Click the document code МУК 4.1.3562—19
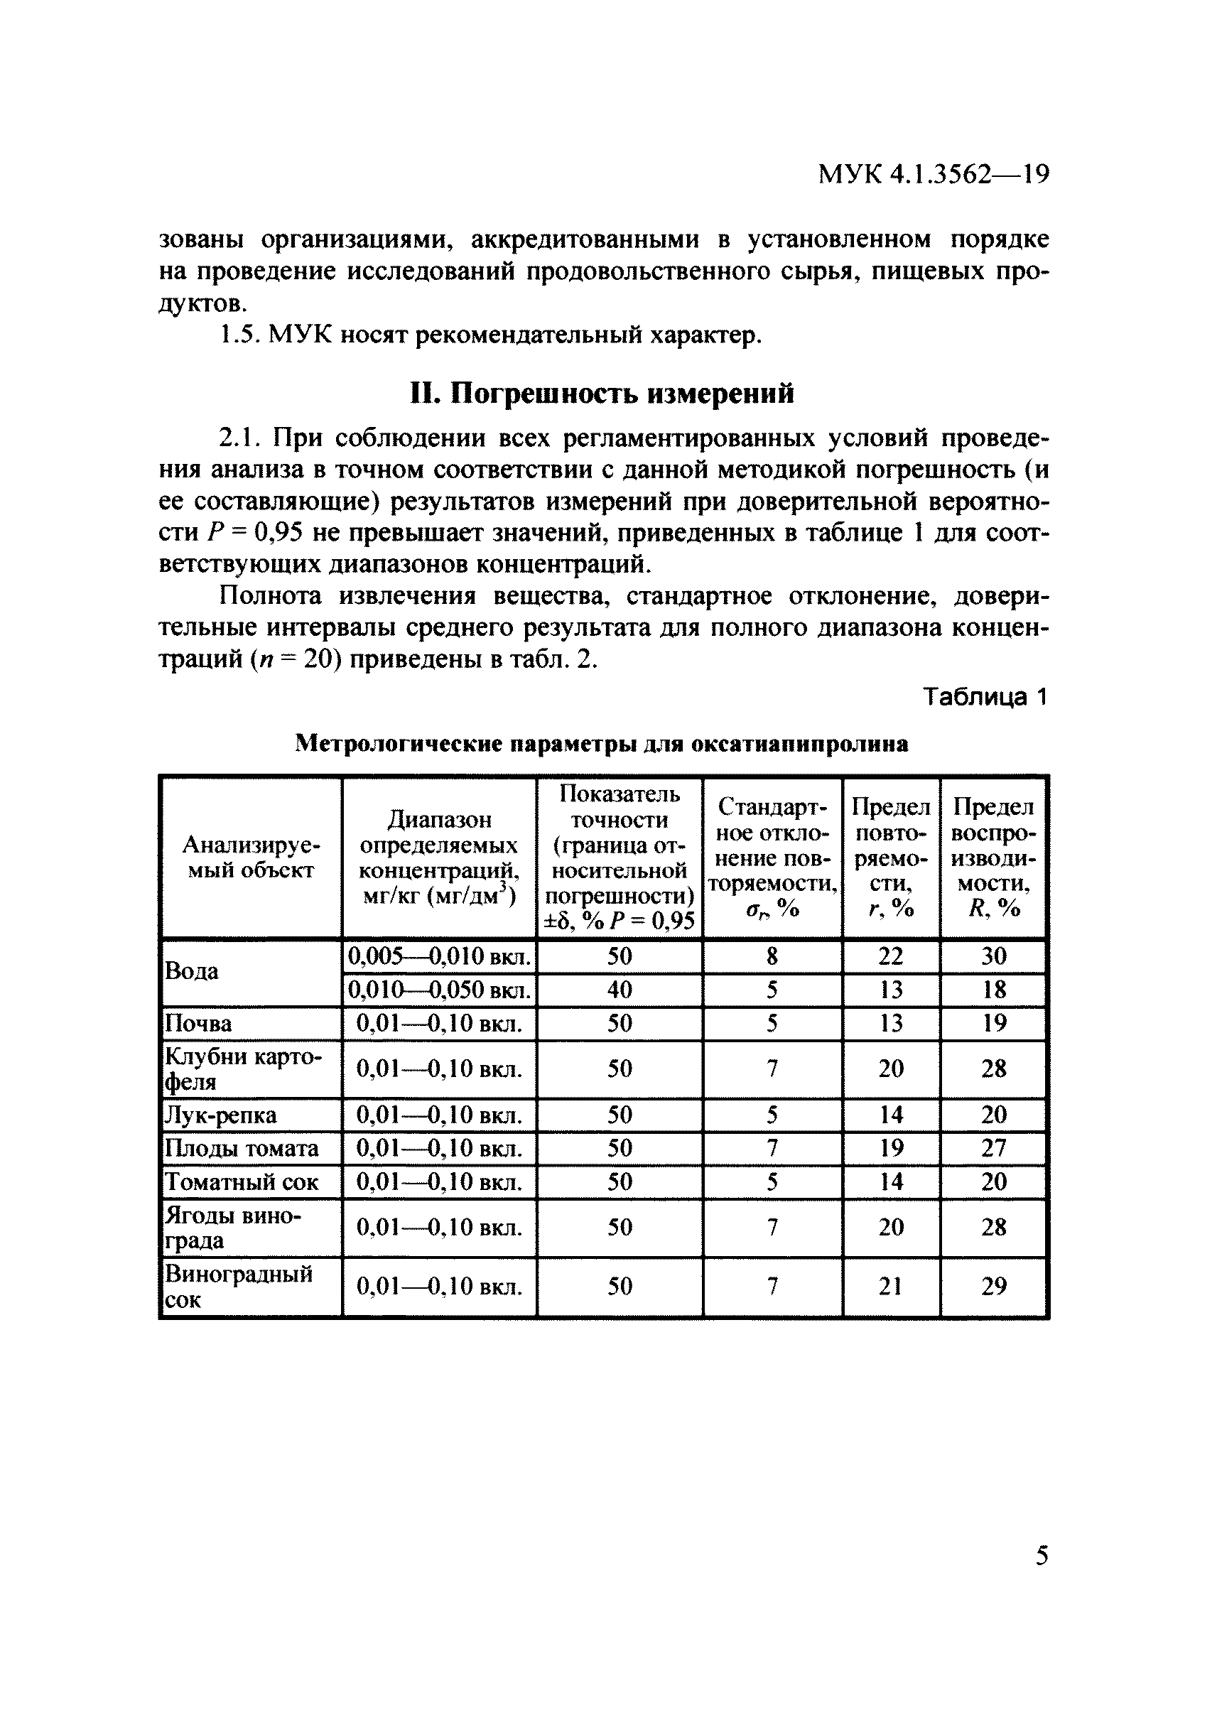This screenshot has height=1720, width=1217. (933, 174)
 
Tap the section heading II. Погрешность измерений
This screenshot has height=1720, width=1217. (602, 393)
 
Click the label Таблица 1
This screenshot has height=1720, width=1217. (984, 697)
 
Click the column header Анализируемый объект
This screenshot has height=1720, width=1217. (250, 858)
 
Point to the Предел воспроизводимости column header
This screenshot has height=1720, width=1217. (992, 858)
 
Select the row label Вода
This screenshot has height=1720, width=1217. (192, 971)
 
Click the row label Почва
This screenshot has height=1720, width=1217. (198, 1023)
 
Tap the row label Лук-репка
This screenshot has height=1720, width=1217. (220, 1115)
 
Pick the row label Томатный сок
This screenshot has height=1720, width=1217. (242, 1182)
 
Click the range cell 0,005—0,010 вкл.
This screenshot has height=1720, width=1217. (439, 956)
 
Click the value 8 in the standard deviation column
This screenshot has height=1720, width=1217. (772, 956)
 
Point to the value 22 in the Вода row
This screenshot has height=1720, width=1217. (890, 956)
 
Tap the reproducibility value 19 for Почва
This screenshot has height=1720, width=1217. (993, 1023)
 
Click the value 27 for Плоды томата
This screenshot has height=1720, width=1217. (993, 1148)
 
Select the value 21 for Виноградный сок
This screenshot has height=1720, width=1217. (890, 1286)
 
